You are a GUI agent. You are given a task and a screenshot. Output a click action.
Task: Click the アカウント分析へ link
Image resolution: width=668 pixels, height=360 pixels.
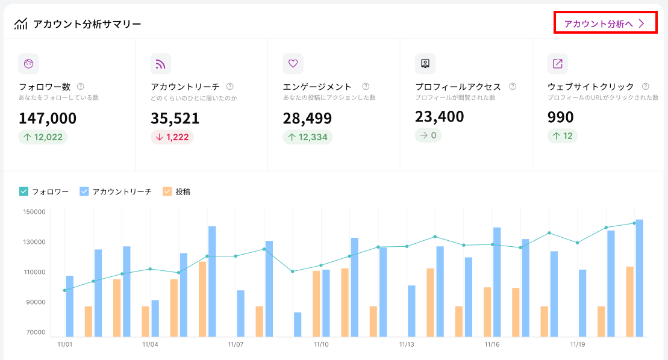[605, 23]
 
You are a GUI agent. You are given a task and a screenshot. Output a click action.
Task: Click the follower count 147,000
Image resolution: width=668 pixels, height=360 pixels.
[48, 118]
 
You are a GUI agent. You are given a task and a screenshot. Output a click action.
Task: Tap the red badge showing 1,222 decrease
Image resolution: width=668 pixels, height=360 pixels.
[172, 137]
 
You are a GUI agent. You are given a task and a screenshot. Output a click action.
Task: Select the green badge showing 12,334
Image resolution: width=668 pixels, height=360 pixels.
[307, 137]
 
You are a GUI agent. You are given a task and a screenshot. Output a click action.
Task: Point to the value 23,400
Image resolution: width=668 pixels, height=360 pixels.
[439, 116]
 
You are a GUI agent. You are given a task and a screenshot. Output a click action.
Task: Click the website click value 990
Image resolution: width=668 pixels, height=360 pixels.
[560, 117]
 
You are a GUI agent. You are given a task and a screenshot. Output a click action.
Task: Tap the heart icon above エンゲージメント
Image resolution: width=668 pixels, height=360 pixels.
[293, 63]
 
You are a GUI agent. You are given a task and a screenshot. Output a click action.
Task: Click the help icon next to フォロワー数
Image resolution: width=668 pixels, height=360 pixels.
[81, 86]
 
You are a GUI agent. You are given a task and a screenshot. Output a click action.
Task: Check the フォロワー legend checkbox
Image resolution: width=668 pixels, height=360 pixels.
[24, 191]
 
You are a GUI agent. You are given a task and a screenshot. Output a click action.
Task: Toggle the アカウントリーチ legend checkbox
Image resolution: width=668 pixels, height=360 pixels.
[84, 191]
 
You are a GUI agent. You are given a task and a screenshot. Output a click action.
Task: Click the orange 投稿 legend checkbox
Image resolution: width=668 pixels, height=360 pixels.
[167, 191]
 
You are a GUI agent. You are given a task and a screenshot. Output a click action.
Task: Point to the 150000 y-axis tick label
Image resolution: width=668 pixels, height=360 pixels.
[34, 212]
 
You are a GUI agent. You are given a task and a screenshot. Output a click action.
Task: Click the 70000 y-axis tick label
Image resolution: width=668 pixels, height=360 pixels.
[34, 332]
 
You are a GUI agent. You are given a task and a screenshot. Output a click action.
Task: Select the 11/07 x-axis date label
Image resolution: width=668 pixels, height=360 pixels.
[236, 345]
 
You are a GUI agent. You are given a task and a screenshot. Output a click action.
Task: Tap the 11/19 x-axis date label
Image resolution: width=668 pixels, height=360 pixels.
[578, 345]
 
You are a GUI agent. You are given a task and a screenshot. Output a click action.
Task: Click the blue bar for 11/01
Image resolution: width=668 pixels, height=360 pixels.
[70, 306]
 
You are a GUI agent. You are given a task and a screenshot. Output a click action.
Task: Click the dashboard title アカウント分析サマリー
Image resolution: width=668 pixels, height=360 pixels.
[87, 24]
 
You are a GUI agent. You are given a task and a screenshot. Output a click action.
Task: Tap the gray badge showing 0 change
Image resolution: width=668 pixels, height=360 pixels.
[428, 135]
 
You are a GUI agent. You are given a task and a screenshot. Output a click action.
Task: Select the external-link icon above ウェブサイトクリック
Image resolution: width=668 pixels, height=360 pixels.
[557, 63]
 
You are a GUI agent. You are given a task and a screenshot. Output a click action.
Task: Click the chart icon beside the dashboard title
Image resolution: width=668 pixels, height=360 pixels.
[21, 24]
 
